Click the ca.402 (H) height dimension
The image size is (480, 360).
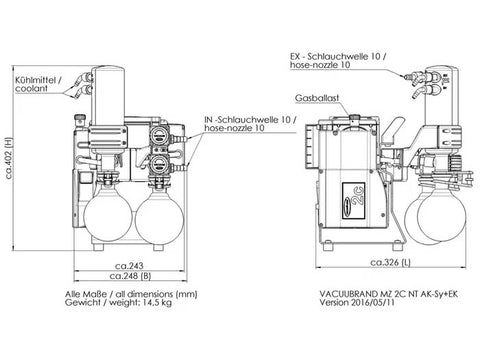point(9,158)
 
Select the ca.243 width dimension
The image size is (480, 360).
point(129,266)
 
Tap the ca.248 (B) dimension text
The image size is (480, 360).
point(130,276)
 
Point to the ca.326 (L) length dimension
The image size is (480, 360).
point(390,262)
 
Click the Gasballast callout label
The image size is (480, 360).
point(317,98)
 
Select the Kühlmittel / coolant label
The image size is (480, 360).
point(38,84)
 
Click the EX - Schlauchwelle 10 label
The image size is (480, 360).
point(338,57)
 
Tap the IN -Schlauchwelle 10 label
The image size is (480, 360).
point(250,120)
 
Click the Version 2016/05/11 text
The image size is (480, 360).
point(357,302)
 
